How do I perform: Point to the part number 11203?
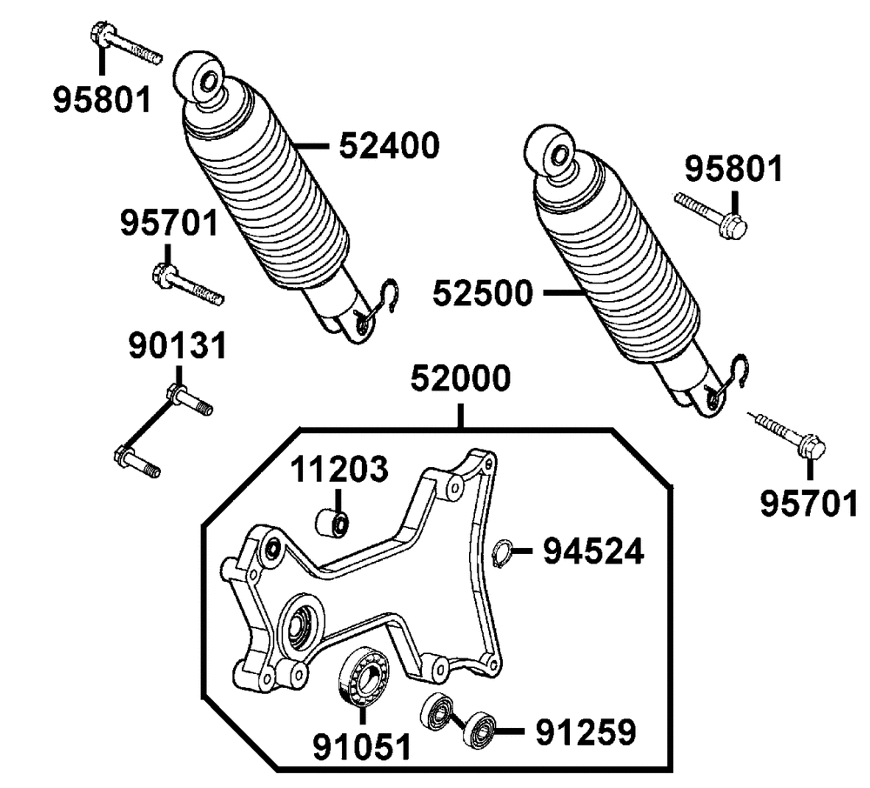(x=338, y=471)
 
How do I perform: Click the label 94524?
(x=594, y=551)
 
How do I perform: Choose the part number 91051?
(x=361, y=745)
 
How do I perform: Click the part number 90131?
(x=177, y=345)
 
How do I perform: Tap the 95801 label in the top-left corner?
(x=101, y=99)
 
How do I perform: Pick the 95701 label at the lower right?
(x=809, y=503)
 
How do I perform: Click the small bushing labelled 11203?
(x=331, y=524)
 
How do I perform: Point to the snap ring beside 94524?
(x=500, y=554)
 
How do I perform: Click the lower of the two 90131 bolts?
(x=137, y=461)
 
